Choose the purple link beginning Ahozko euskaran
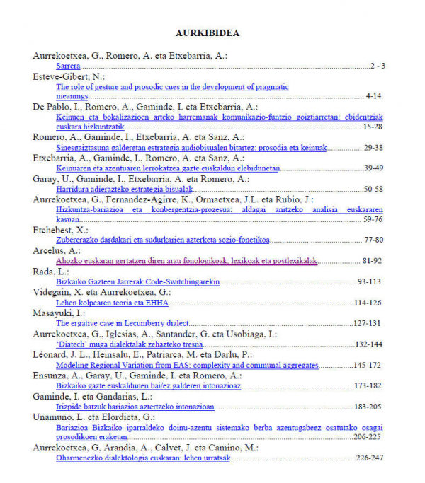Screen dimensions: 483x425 click(186, 261)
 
